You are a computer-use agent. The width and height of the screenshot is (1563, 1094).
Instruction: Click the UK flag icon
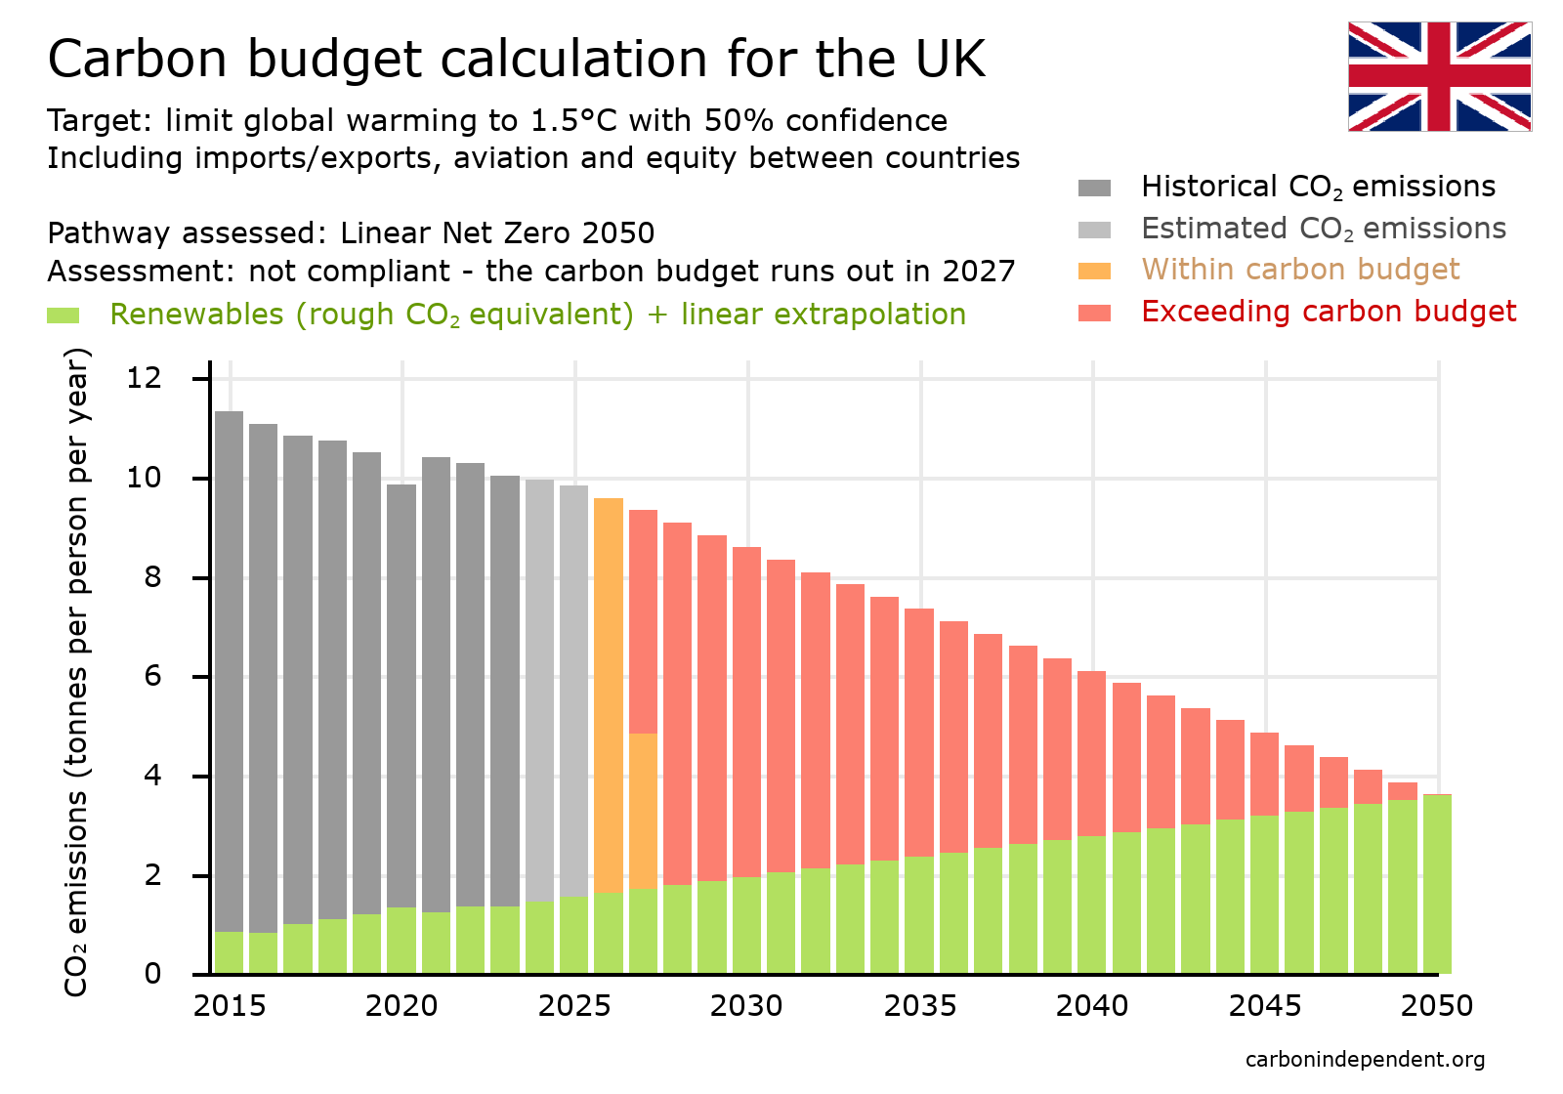pyautogui.click(x=1439, y=76)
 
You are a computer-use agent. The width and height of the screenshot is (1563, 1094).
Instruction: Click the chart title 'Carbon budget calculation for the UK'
pyautogui.click(x=516, y=59)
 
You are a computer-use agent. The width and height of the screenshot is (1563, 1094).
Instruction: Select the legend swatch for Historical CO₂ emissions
pyautogui.click(x=1094, y=188)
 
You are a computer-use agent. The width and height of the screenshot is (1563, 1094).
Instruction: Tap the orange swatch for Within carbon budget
pyautogui.click(x=1094, y=271)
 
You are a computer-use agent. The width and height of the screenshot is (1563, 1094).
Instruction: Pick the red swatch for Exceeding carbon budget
pyautogui.click(x=1094, y=313)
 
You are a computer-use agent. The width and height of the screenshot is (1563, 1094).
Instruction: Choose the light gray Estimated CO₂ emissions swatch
pyautogui.click(x=1094, y=230)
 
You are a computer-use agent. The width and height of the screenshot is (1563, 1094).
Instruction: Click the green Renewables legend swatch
pyautogui.click(x=63, y=316)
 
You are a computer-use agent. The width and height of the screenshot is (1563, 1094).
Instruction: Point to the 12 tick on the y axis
pyautogui.click(x=144, y=378)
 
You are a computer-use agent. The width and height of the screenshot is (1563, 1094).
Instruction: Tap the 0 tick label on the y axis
pyautogui.click(x=152, y=974)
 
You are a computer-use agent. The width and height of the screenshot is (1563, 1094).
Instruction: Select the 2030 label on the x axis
pyautogui.click(x=746, y=1006)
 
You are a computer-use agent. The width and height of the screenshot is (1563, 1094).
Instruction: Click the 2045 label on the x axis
pyautogui.click(x=1265, y=1006)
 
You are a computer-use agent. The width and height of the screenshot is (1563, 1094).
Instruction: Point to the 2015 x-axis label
pyautogui.click(x=230, y=1006)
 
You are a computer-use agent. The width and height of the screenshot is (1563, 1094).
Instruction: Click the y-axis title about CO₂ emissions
pyautogui.click(x=76, y=672)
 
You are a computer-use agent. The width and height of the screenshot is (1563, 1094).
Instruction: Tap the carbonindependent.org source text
pyautogui.click(x=1365, y=1060)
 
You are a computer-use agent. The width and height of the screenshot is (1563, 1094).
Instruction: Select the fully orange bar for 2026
pyautogui.click(x=609, y=694)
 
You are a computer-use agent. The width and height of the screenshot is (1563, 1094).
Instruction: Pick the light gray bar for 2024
pyautogui.click(x=539, y=684)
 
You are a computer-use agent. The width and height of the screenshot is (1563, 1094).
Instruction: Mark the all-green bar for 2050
pyautogui.click(x=1437, y=884)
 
